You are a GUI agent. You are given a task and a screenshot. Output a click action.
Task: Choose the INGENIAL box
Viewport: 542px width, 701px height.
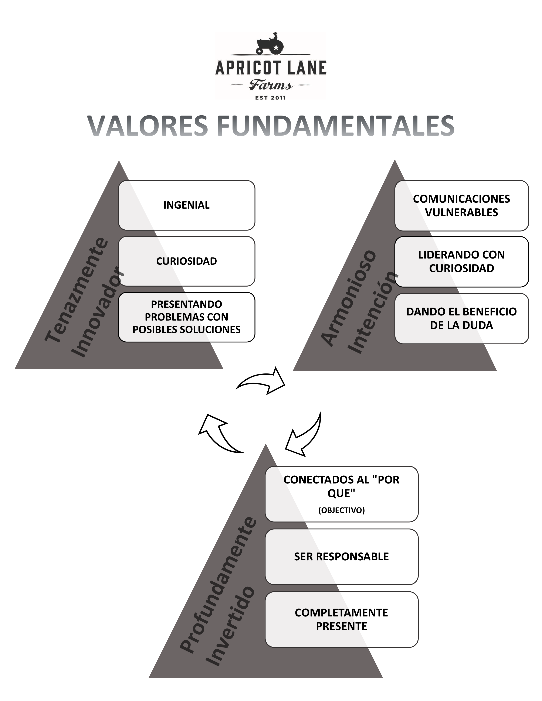(187, 205)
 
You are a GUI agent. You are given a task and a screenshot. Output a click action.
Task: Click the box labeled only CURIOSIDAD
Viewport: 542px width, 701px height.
(187, 261)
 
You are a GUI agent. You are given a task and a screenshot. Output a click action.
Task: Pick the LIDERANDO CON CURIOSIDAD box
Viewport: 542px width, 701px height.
(461, 261)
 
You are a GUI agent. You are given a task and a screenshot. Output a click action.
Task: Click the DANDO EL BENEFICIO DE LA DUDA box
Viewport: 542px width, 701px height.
(461, 318)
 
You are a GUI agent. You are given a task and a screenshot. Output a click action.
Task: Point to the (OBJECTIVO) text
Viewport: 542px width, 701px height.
(341, 510)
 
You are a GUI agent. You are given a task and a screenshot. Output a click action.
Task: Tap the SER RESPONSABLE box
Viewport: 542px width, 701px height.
(341, 557)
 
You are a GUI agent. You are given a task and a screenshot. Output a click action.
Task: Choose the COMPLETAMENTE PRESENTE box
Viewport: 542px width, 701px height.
(341, 619)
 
